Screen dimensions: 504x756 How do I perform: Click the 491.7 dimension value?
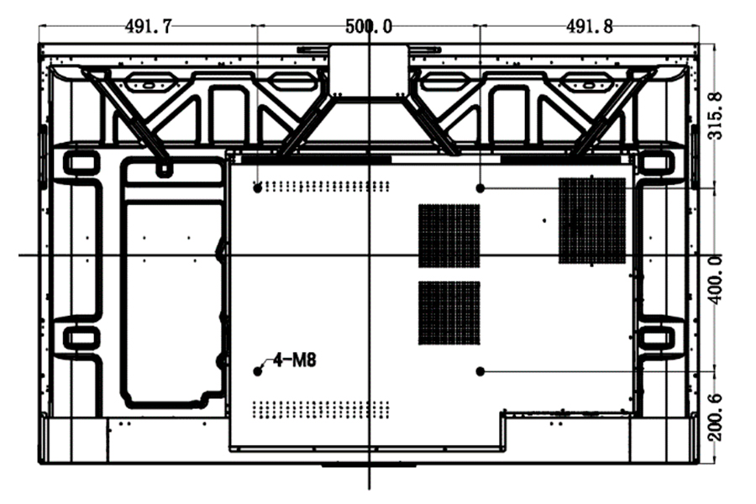tap(149, 26)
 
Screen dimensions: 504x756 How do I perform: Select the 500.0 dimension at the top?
tap(369, 26)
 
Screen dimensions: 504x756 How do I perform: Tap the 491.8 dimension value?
tap(589, 26)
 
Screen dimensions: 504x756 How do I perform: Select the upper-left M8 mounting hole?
tap(258, 188)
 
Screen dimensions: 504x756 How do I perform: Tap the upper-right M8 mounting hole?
tap(480, 188)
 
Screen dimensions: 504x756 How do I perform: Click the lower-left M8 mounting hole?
tap(258, 371)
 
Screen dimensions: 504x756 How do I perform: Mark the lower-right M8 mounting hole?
tap(480, 370)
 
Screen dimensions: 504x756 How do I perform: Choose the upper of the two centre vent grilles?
tap(449, 235)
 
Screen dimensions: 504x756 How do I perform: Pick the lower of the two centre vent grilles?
tap(449, 312)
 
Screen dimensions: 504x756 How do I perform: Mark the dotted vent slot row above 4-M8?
tap(323, 186)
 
